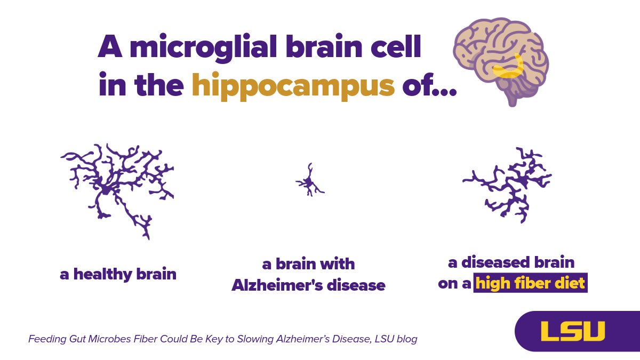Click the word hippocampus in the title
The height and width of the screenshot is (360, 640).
coord(293,86)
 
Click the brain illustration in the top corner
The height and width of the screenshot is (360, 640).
coord(501,59)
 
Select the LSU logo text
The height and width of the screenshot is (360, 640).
coord(573,331)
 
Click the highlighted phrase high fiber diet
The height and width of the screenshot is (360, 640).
coord(531,283)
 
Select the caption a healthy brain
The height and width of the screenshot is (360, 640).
coord(118,275)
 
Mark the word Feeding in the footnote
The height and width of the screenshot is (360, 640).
coord(46,339)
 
